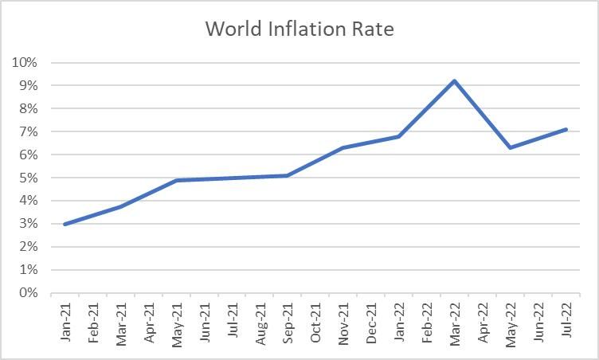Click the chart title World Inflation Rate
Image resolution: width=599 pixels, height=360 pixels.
(299, 29)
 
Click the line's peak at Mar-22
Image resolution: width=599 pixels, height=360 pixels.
(454, 80)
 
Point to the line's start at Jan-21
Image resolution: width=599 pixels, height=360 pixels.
(65, 224)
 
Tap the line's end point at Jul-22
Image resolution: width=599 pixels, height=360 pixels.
(566, 129)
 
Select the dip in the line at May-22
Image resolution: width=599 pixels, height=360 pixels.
(510, 147)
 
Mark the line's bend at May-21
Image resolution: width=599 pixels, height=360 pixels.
(176, 180)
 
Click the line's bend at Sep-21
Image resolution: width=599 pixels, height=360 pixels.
(287, 175)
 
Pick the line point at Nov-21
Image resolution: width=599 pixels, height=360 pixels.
(343, 147)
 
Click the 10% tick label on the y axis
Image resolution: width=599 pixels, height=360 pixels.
(25, 62)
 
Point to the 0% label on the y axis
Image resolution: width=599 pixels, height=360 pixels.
(29, 293)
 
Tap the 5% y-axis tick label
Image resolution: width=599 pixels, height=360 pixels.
(29, 178)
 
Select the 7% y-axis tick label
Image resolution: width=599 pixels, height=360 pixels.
(29, 131)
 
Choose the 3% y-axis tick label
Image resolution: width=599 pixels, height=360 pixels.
(29, 224)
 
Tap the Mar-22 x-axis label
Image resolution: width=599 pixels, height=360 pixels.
(455, 322)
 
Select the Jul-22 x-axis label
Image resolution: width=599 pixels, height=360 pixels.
(566, 322)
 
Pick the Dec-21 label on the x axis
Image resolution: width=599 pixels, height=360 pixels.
(371, 322)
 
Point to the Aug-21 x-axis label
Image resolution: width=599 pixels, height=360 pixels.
(260, 322)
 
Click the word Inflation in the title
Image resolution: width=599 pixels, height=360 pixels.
(307, 29)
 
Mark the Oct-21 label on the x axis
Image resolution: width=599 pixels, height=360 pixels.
(315, 322)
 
